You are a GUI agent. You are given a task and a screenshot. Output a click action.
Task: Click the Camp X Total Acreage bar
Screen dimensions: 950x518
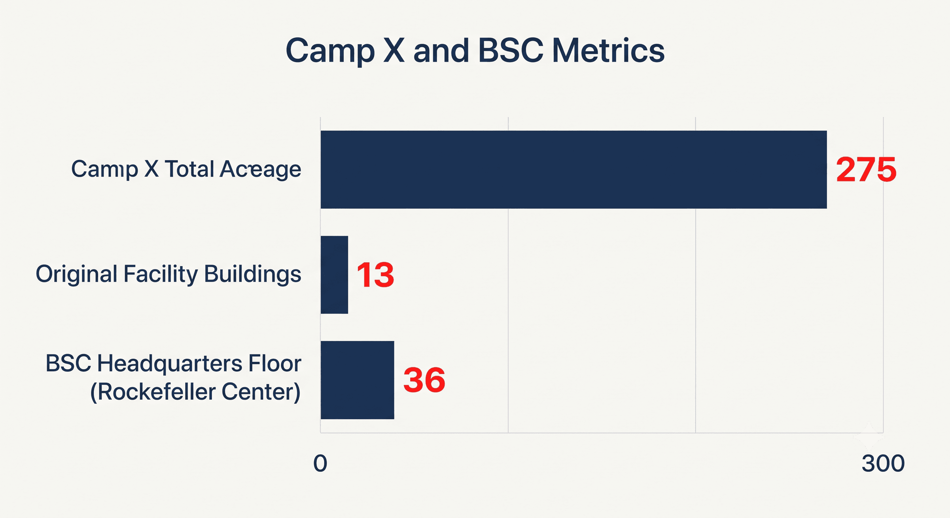click(574, 170)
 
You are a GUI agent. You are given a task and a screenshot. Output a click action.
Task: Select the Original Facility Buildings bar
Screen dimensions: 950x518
click(334, 275)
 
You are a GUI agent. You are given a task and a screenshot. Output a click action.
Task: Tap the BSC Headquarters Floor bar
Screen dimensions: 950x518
click(357, 380)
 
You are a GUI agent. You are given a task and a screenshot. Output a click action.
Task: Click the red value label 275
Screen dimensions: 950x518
click(866, 170)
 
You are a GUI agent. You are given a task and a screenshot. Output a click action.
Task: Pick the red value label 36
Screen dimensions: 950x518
click(424, 380)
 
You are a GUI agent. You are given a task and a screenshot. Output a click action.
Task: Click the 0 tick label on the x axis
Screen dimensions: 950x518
click(320, 463)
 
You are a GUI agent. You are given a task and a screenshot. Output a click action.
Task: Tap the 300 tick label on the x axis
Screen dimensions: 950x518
click(883, 463)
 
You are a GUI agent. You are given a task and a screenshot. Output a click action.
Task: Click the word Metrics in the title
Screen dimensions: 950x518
click(608, 51)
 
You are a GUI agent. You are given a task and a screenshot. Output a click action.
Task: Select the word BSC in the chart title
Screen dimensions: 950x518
click(510, 51)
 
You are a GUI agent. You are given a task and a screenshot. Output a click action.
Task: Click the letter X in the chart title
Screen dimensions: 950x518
click(394, 51)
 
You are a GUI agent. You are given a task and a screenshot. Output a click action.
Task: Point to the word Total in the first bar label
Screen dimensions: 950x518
click(189, 169)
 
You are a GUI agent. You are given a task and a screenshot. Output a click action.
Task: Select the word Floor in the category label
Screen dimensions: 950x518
click(275, 364)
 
